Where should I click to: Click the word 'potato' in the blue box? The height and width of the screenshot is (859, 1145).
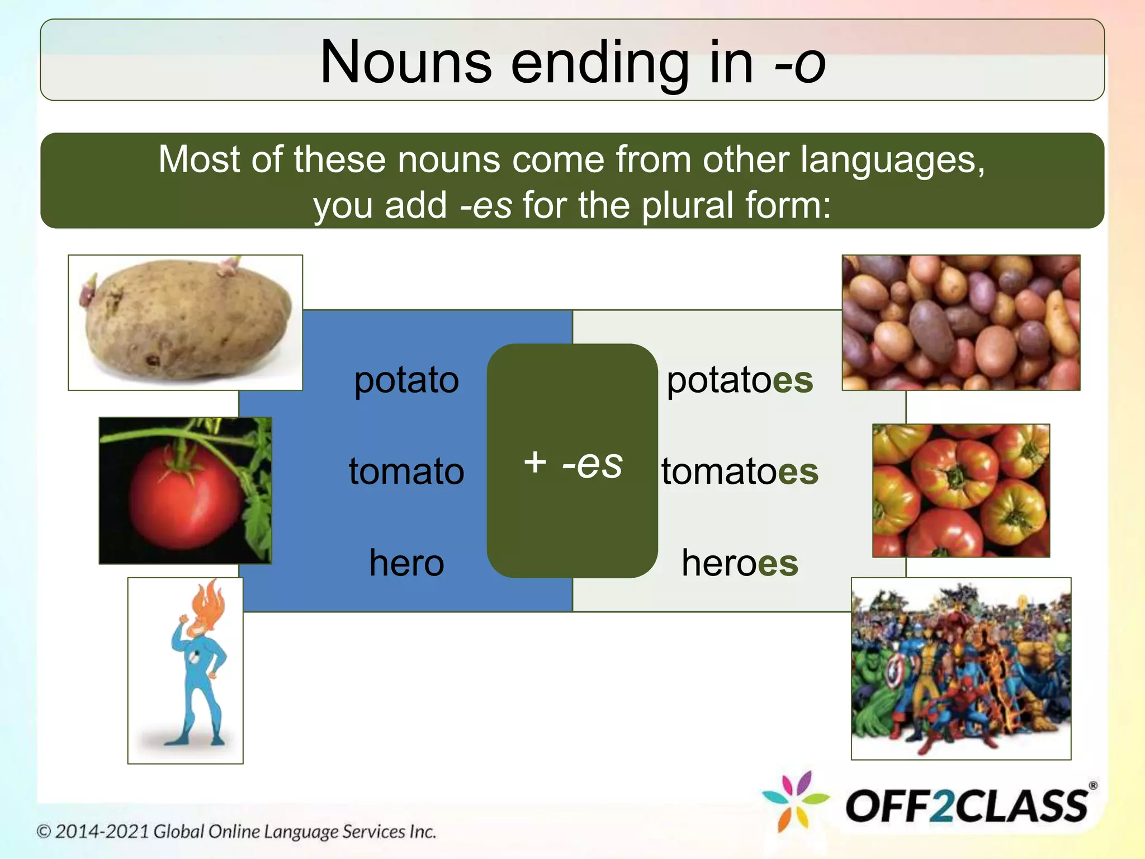(x=406, y=380)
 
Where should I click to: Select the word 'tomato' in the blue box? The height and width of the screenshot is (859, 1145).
(x=406, y=471)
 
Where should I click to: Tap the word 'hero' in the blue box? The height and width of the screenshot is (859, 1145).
(x=406, y=563)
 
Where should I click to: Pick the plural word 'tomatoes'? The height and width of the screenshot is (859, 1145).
(x=740, y=471)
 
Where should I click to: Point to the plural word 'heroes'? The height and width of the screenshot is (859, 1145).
(x=740, y=563)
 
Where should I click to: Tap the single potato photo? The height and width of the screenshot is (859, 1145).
(x=186, y=322)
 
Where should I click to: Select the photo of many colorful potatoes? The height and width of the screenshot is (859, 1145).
(x=961, y=322)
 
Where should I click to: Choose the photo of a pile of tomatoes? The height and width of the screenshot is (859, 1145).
(x=961, y=490)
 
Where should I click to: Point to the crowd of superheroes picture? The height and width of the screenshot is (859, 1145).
(x=961, y=668)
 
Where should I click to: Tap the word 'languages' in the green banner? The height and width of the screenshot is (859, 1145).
(x=892, y=160)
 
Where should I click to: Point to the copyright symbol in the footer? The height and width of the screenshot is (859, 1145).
(x=44, y=832)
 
